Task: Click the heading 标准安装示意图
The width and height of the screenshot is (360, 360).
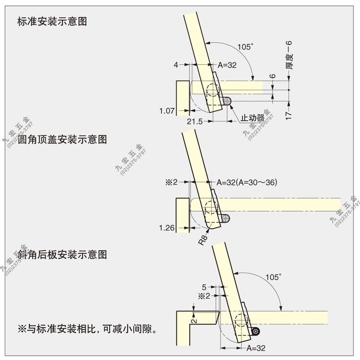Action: [x=52, y=22]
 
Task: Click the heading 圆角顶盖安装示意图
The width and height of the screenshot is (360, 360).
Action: [x=62, y=139]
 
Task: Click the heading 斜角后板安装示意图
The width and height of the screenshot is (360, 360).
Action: [x=62, y=254]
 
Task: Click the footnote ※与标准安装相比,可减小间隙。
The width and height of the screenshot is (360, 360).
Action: [x=87, y=329]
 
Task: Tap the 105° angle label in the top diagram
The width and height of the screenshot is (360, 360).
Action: [x=245, y=47]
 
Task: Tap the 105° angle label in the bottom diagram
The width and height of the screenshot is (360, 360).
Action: [x=273, y=277]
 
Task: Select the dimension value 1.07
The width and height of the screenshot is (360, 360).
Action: [x=167, y=111]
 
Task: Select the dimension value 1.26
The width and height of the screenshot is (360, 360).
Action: [x=167, y=228]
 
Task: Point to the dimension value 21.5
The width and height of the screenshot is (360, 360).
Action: [x=195, y=121]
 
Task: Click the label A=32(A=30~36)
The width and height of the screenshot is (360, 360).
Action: [x=247, y=182]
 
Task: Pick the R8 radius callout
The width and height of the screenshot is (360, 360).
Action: [x=203, y=240]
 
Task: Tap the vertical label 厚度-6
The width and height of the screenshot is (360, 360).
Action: [x=289, y=55]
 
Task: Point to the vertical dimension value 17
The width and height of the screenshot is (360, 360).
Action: [x=288, y=115]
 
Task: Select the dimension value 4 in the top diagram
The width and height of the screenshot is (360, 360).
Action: [x=176, y=65]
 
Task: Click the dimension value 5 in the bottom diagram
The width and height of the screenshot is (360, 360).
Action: [x=204, y=287]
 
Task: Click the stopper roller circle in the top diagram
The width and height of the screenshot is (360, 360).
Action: [x=228, y=101]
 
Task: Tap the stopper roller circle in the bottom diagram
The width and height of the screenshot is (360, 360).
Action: [x=255, y=331]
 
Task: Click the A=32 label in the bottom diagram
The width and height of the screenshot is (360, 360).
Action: [x=256, y=348]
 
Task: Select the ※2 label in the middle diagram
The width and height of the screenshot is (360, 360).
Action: [x=171, y=182]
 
